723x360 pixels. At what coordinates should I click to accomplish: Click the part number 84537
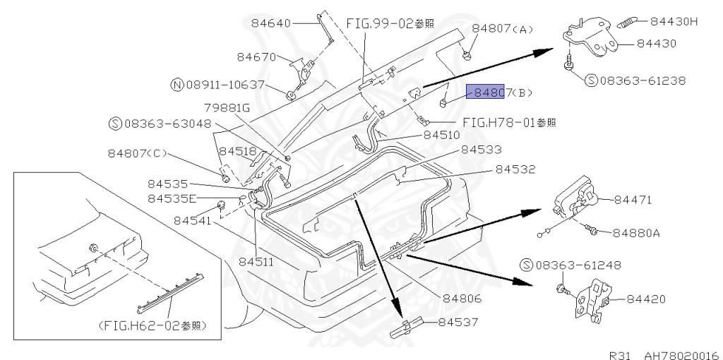pyautogui.click(x=458, y=323)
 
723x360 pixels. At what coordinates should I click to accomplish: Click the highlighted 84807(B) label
pyautogui.click(x=484, y=92)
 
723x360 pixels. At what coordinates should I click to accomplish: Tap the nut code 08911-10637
pyautogui.click(x=225, y=85)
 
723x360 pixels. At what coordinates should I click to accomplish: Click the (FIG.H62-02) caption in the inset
pyautogui.click(x=153, y=325)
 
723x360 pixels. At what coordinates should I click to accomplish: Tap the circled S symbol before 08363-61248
pyautogui.click(x=525, y=265)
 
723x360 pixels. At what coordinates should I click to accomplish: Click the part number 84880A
pyautogui.click(x=636, y=232)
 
